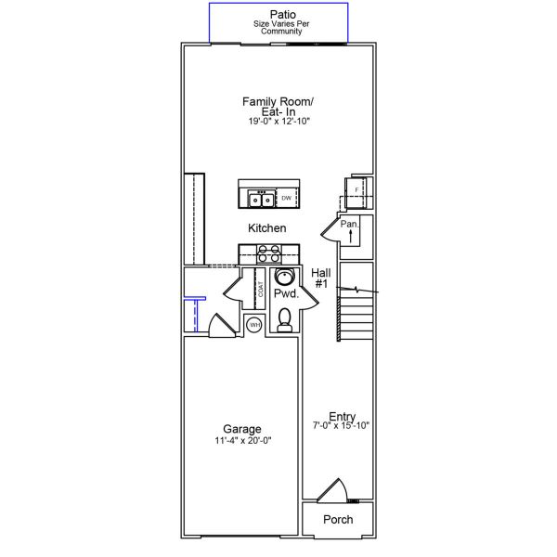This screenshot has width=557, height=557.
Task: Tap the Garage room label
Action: tap(241, 429)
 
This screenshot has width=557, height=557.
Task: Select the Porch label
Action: tap(338, 520)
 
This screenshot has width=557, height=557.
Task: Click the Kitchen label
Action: tap(266, 227)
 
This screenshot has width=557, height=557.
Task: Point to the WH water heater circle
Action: tap(253, 324)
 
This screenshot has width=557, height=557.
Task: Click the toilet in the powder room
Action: tap(285, 319)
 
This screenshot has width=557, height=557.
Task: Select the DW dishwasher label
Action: tap(287, 199)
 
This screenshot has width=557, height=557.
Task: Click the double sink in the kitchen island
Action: tap(259, 199)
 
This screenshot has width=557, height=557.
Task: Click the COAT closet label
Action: tap(262, 289)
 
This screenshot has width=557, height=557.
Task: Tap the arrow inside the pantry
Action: tap(351, 238)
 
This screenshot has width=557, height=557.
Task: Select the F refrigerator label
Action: tap(356, 190)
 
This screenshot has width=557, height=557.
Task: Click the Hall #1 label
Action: tap(321, 278)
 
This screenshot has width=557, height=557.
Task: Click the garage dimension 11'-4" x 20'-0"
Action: tap(241, 441)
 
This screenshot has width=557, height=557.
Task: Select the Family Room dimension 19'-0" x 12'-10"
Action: tap(278, 121)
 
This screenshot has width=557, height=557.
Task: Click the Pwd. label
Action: tap(285, 294)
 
